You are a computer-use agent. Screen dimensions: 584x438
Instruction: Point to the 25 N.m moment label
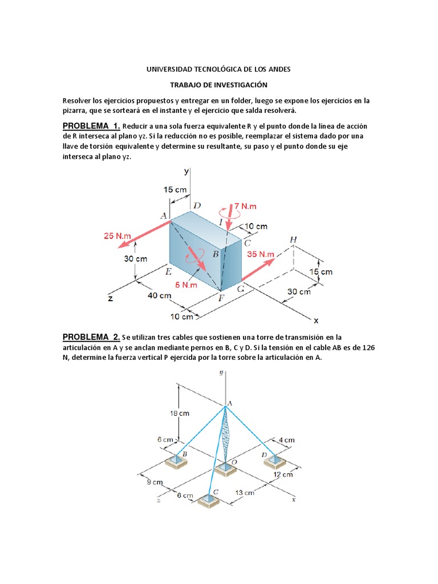pos(117,236)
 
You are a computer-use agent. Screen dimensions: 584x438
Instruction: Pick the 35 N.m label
pos(261,254)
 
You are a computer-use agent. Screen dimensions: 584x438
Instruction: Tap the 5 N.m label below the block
pos(186,285)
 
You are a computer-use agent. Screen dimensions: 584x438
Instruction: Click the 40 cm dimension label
pos(160,295)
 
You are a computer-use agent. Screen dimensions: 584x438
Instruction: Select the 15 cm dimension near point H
pos(321,272)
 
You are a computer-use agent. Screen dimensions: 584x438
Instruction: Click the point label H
pos(293,240)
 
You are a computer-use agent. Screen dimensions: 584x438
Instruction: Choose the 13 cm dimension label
pos(245,492)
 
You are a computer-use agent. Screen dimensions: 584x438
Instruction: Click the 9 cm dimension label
pos(154,482)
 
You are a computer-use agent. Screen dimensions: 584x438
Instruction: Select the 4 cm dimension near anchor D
pos(287,440)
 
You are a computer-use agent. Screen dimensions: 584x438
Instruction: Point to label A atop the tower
pos(230,403)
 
